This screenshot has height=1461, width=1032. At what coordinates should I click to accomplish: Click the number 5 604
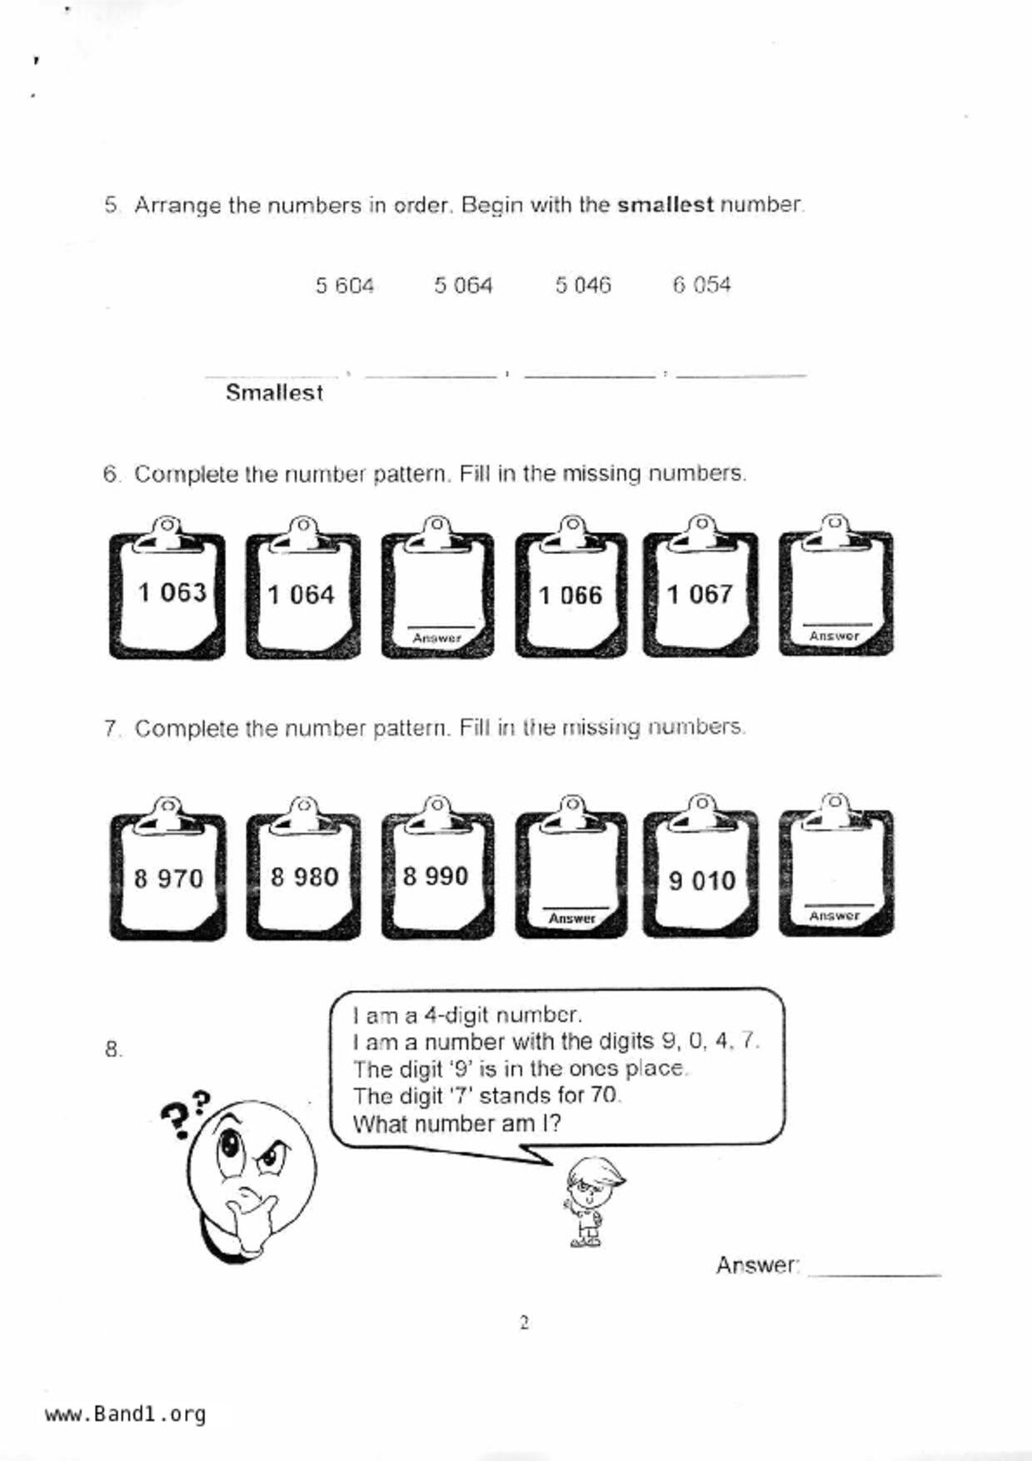(344, 286)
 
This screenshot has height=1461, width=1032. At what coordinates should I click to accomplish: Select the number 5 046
(583, 286)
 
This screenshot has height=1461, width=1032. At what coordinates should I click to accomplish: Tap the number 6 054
(701, 286)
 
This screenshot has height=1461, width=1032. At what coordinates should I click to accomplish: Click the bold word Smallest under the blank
(274, 392)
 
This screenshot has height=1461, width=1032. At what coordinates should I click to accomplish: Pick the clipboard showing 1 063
(167, 594)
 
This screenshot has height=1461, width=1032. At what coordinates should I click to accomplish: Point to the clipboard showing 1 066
(571, 595)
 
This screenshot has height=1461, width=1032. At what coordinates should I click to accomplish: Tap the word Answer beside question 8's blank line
(756, 1265)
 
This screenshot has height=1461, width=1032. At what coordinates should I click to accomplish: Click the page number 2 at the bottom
(524, 1323)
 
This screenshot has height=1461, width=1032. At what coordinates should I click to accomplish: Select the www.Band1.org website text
(125, 1414)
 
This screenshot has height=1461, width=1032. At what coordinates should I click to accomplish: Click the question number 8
(113, 1050)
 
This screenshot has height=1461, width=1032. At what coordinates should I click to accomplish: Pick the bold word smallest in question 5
(665, 205)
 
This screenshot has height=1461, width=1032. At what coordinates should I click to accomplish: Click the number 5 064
(463, 286)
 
